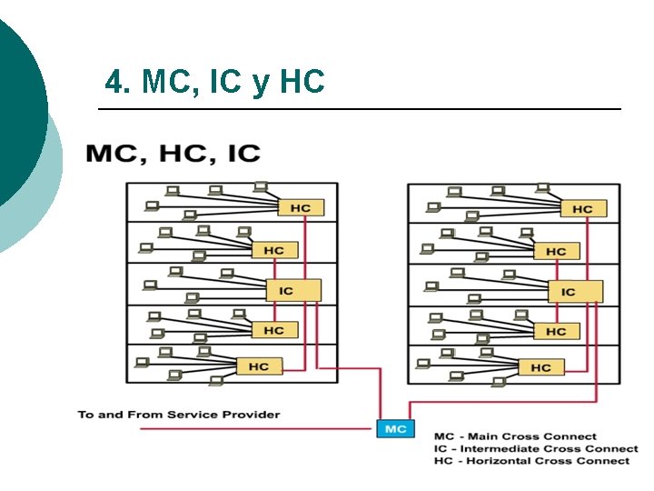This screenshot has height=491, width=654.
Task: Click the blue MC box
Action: pos(396,428)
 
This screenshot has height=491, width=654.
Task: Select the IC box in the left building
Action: pos(293,291)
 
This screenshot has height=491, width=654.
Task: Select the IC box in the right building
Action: pos(575,292)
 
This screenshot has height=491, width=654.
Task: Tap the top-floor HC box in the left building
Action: pos(300,208)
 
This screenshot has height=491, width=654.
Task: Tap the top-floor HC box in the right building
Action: pos(582,209)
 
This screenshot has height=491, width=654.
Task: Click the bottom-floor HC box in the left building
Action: pos(259,366)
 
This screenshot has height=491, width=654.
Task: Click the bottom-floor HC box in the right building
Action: pos(541,367)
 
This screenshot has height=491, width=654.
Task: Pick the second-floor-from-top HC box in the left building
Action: pos(273,250)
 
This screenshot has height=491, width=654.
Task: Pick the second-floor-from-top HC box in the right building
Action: pos(556,251)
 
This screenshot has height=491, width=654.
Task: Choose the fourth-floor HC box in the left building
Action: pos(273,330)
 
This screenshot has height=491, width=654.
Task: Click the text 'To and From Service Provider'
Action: pos(179,415)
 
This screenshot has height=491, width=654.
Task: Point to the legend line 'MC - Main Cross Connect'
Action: pos(515,436)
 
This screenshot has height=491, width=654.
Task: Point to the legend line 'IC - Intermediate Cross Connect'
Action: pos(535,448)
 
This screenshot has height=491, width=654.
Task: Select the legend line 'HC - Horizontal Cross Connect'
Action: pos(531,460)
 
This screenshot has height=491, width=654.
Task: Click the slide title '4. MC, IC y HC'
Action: pos(214,83)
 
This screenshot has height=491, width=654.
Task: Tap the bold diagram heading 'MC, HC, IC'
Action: pos(173,153)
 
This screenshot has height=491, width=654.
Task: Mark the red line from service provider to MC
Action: pos(254,428)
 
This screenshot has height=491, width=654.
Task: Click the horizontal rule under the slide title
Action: pos(359,109)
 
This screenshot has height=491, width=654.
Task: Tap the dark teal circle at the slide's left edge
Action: pos(18,109)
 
